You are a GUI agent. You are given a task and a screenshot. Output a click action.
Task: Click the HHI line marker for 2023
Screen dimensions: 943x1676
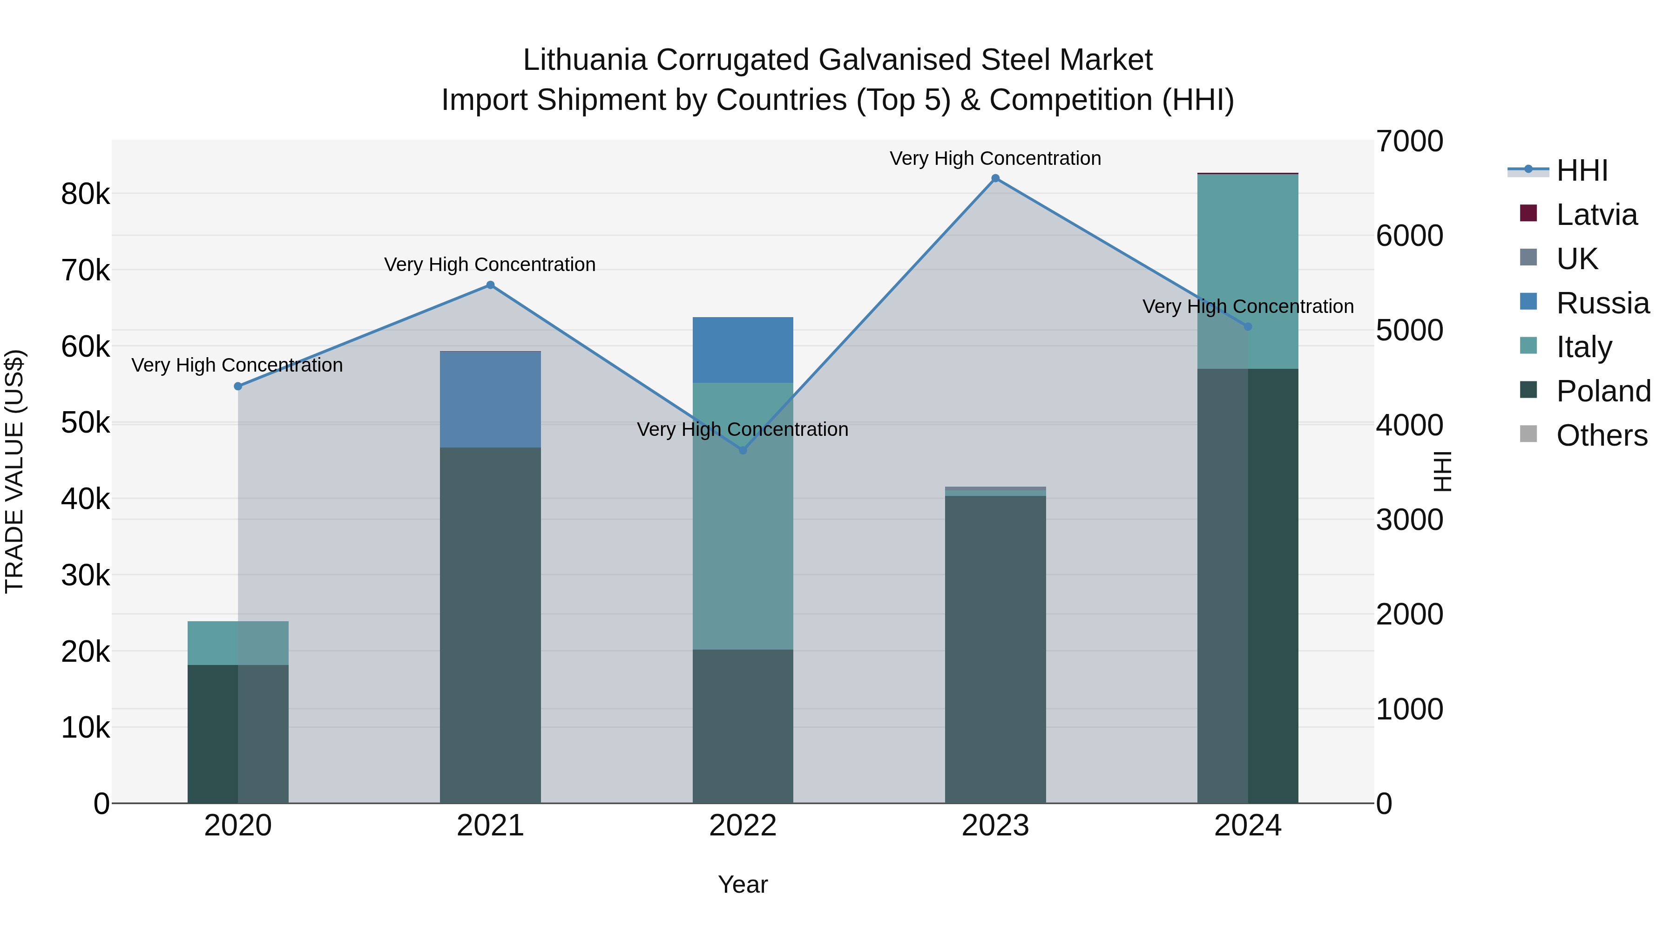[995, 178]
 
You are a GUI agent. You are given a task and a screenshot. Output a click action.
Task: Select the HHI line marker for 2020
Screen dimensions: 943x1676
[238, 386]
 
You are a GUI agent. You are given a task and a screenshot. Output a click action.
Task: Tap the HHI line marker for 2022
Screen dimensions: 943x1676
[743, 450]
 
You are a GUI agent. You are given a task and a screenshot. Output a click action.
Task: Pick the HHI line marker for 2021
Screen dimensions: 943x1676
[491, 285]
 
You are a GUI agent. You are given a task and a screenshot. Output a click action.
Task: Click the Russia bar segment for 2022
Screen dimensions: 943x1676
[743, 349]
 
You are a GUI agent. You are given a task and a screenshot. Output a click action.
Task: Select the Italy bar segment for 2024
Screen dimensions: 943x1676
[1247, 271]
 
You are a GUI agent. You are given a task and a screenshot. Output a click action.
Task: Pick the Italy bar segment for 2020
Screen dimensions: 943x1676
[237, 643]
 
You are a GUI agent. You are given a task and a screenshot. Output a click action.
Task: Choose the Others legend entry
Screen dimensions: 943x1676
[1601, 435]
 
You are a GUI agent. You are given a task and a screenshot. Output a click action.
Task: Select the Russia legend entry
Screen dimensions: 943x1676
[1602, 303]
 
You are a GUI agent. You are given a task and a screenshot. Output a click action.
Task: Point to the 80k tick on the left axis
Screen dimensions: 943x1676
[85, 194]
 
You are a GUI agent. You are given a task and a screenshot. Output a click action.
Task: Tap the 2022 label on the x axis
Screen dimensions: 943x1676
[743, 826]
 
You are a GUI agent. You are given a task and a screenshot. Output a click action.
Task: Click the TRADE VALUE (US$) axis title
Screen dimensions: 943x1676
[14, 471]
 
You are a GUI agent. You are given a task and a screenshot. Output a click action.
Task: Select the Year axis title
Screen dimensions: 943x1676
[743, 884]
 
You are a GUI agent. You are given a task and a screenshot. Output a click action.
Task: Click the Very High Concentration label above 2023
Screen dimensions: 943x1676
[995, 158]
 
